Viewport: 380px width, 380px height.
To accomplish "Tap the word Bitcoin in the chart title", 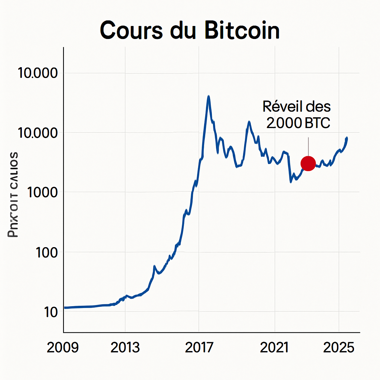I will tap(242, 30).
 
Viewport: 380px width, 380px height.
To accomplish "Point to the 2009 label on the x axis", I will tap(63, 348).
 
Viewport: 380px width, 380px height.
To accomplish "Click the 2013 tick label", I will tap(125, 348).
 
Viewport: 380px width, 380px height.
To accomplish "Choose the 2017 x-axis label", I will tap(199, 348).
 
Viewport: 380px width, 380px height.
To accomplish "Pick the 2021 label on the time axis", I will tap(275, 348).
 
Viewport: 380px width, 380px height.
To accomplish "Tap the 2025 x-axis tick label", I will tap(339, 348).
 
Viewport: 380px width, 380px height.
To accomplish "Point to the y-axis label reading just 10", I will tap(50, 312).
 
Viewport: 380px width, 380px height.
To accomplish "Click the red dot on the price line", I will tap(308, 163).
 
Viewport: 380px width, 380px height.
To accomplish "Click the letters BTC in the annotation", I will tap(317, 123).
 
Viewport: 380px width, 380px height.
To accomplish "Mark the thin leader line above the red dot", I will tap(308, 147).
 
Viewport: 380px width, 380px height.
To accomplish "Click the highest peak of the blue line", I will tap(209, 96).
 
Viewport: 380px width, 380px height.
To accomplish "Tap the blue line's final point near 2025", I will tap(347, 138).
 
